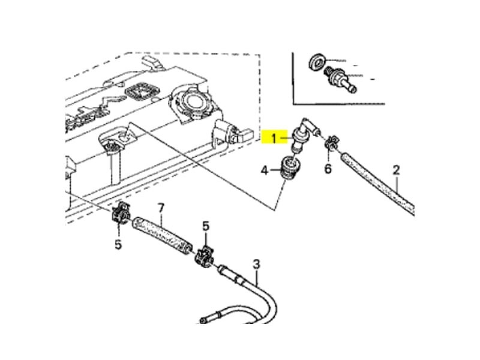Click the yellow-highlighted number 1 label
pyautogui.click(x=274, y=139)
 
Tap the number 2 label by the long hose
pyautogui.click(x=396, y=170)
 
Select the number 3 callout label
pyautogui.click(x=256, y=263)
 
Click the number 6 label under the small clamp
pyautogui.click(x=328, y=169)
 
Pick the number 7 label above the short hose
pyautogui.click(x=160, y=208)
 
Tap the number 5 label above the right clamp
pyautogui.click(x=206, y=226)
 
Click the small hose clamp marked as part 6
pyautogui.click(x=329, y=144)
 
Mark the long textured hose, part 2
pyautogui.click(x=378, y=183)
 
